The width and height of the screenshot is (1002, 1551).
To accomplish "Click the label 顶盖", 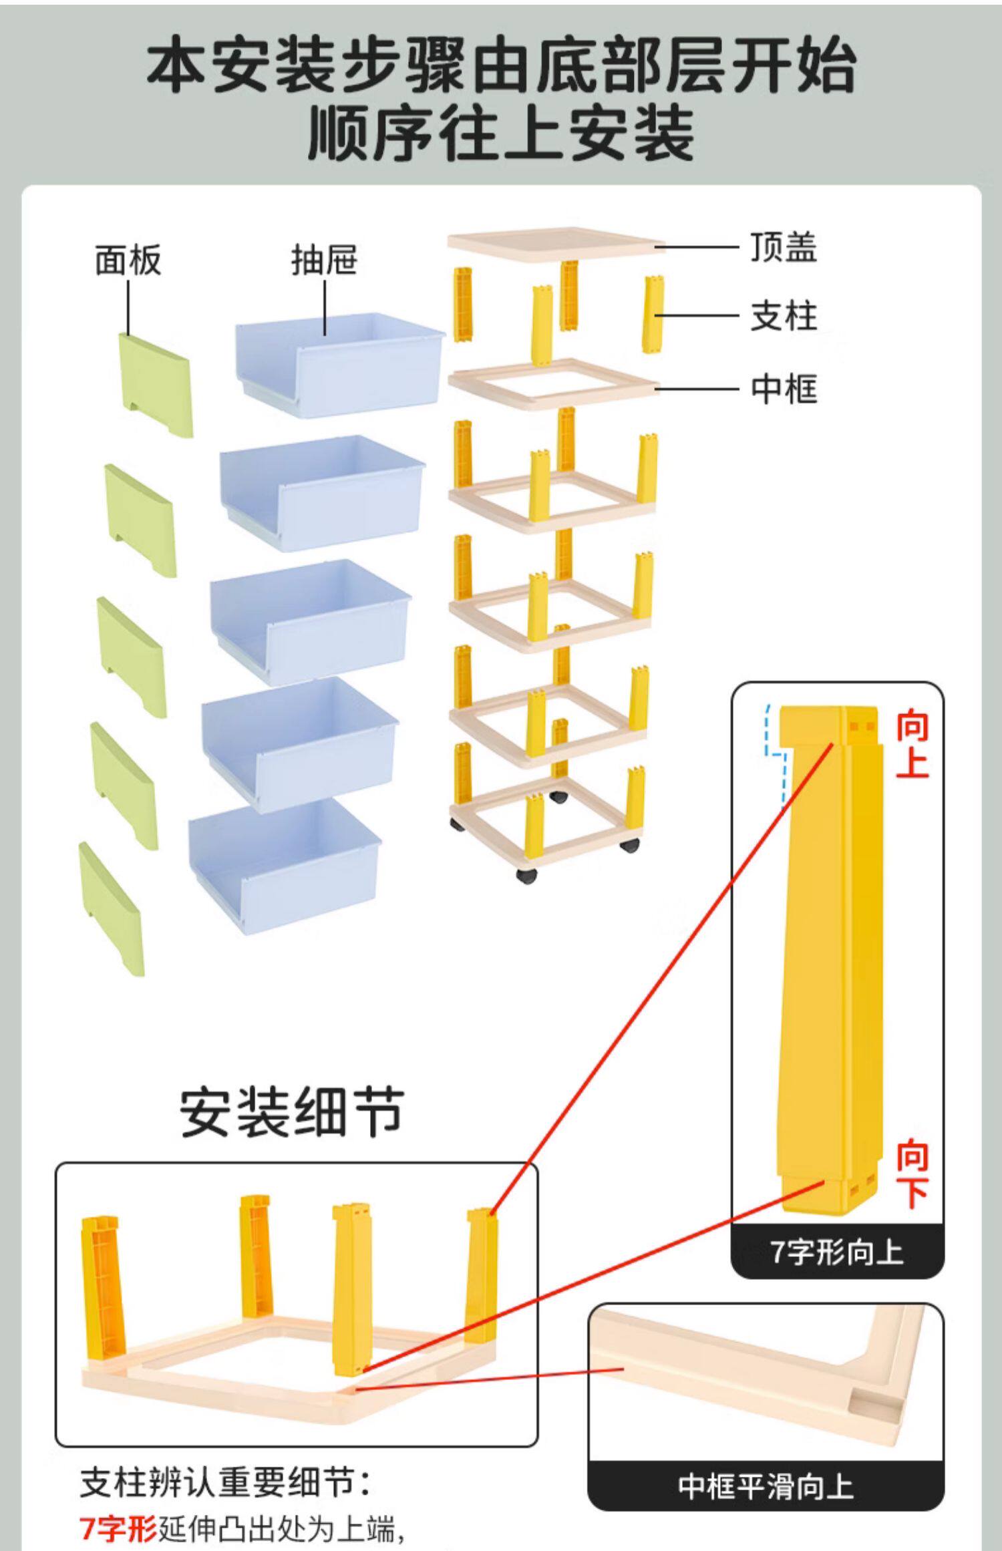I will click(783, 247).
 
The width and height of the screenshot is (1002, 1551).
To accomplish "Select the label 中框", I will click(783, 389).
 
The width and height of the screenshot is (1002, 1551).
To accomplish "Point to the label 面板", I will click(128, 260).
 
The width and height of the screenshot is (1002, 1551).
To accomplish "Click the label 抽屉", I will click(324, 260).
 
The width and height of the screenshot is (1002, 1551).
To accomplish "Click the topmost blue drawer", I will click(339, 366).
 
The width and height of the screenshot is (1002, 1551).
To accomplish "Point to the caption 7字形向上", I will click(837, 1252).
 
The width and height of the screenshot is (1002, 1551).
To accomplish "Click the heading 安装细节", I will click(292, 1112).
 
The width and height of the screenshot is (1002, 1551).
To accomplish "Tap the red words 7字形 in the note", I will click(118, 1527).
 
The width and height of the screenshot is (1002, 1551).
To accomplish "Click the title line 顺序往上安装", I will click(501, 134).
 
